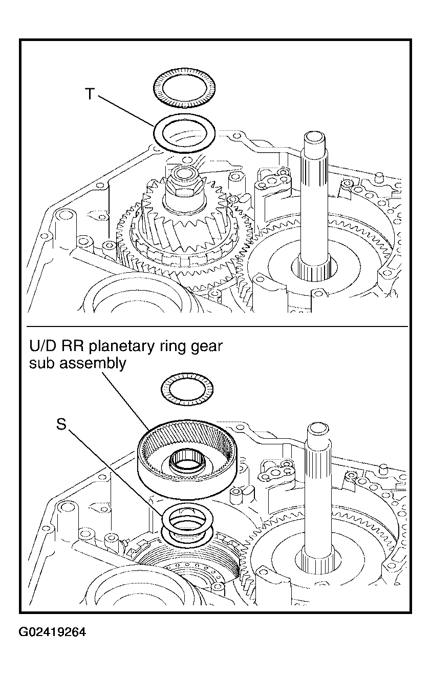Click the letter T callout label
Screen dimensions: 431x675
click(x=89, y=94)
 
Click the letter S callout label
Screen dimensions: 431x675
click(x=61, y=424)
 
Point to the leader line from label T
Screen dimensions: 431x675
click(x=127, y=111)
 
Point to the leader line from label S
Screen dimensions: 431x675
click(x=118, y=465)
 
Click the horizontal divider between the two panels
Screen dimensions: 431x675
click(x=217, y=326)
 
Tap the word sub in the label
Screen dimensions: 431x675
click(x=42, y=363)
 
